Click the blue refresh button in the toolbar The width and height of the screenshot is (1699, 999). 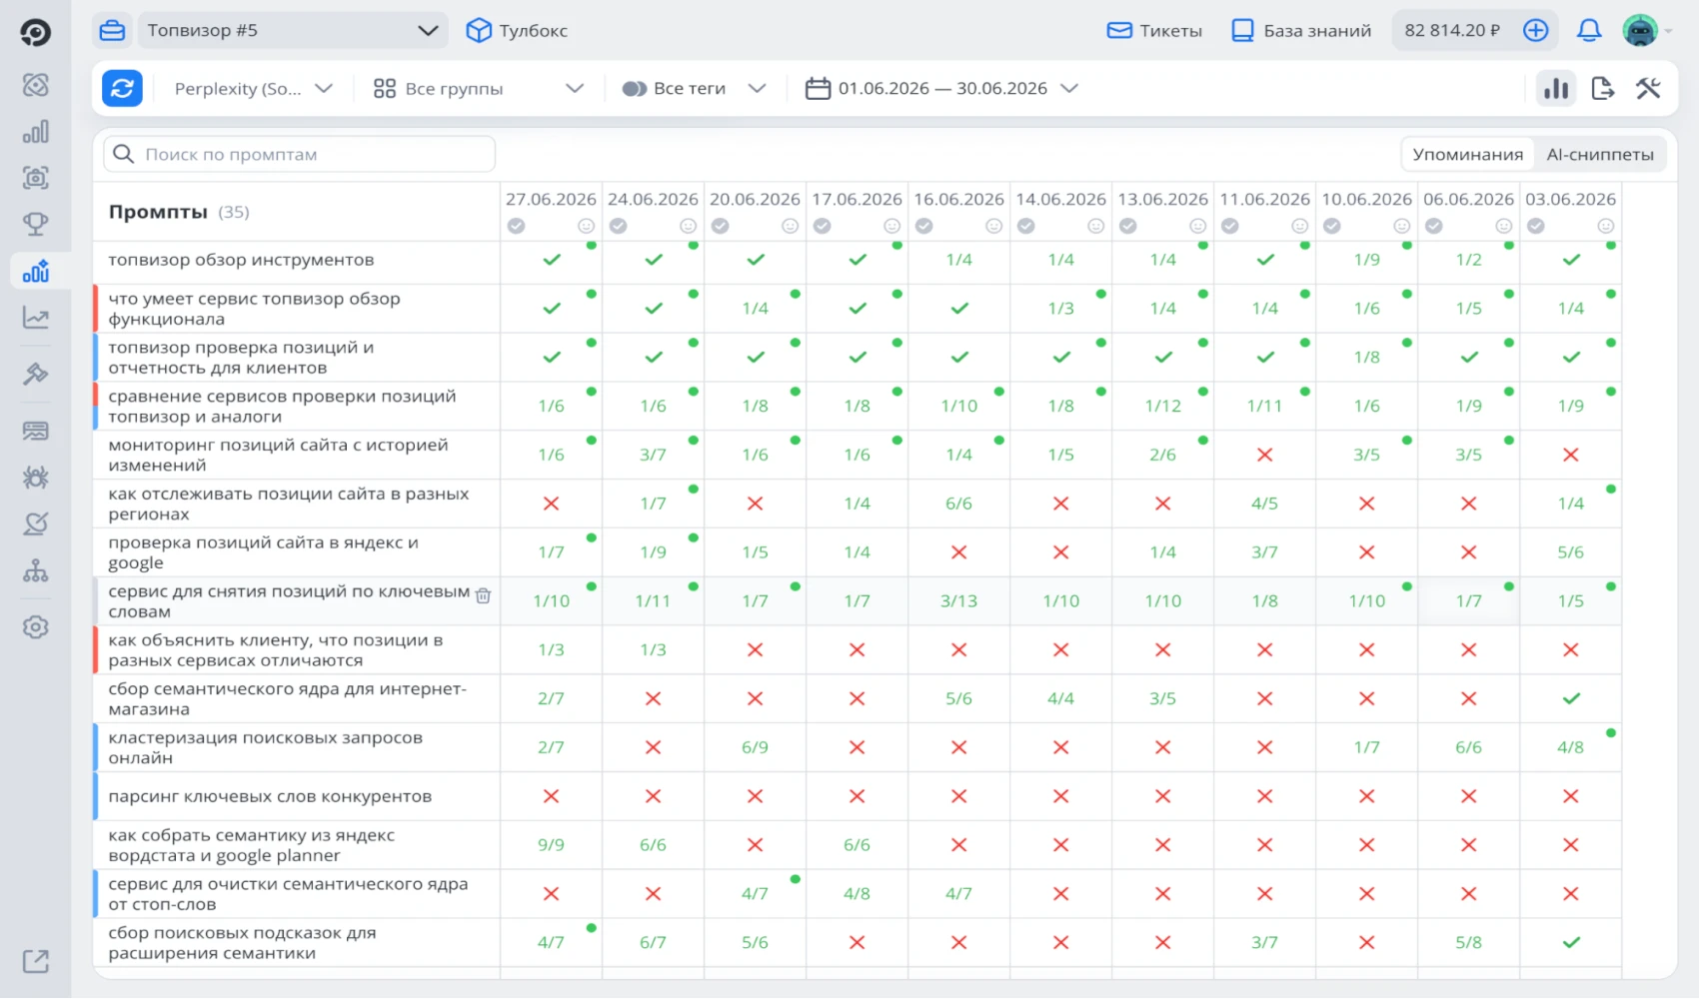click(x=122, y=89)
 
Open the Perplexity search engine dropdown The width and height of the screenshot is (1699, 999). click(x=253, y=89)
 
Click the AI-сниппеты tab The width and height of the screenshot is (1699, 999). click(x=1600, y=155)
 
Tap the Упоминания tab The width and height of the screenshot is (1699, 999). click(x=1467, y=155)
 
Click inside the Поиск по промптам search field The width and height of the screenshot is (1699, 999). click(x=300, y=155)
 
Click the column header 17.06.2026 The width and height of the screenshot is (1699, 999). click(x=856, y=200)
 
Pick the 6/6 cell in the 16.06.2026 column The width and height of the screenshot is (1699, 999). click(x=958, y=503)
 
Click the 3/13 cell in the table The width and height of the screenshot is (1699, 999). click(x=958, y=601)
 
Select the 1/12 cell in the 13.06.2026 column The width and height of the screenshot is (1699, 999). click(x=1162, y=407)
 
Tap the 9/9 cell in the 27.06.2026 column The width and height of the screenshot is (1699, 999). click(x=551, y=845)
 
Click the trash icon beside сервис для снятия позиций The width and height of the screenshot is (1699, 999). click(x=483, y=595)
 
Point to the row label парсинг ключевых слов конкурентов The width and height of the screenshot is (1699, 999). click(x=270, y=796)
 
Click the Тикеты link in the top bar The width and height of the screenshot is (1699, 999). click(x=1154, y=30)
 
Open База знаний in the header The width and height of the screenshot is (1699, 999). click(x=1301, y=30)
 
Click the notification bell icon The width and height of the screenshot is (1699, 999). click(x=1589, y=30)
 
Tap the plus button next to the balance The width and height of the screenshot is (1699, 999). click(x=1536, y=30)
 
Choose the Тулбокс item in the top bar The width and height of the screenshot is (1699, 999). click(x=517, y=30)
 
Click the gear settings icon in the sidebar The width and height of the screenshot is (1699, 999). click(x=36, y=627)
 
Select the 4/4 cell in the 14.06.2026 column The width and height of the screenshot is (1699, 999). click(x=1060, y=699)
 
